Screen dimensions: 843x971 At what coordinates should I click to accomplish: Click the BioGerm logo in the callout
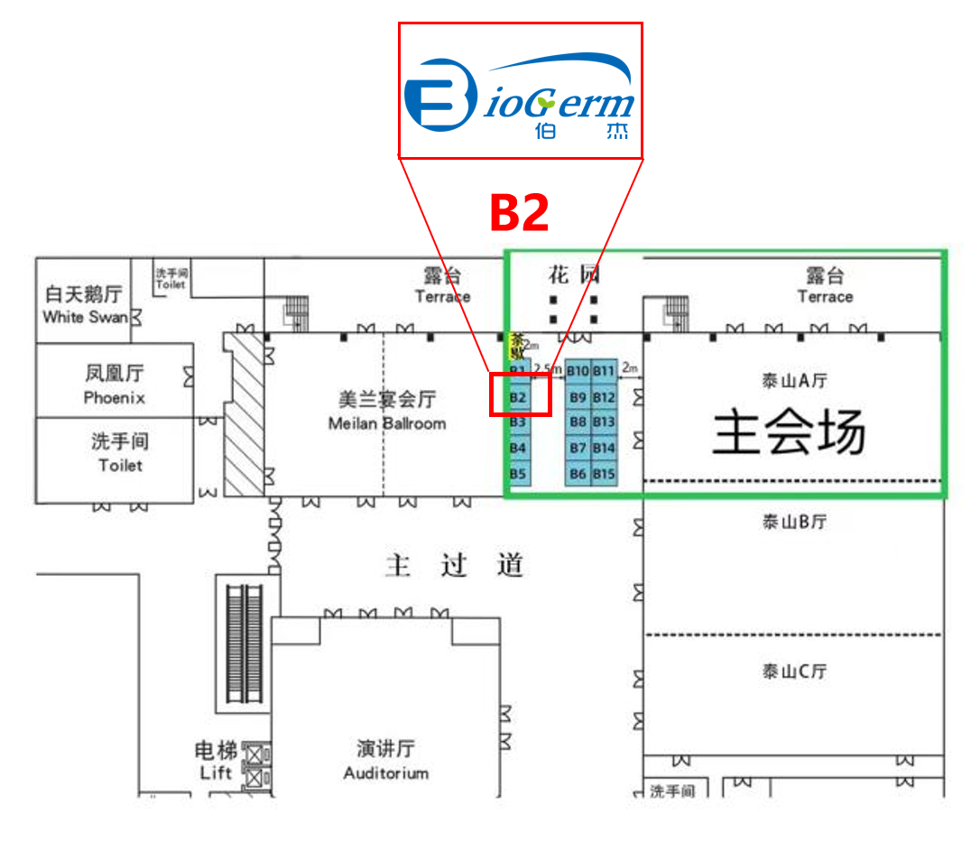pos(520,94)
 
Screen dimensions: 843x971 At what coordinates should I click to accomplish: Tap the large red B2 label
pos(519,213)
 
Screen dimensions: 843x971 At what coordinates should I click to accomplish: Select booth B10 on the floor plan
pos(578,371)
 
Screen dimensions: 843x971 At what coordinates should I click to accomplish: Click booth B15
pos(604,474)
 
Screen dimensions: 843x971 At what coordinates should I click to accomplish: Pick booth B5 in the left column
pos(518,473)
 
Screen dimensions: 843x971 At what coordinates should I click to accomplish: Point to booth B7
pos(578,448)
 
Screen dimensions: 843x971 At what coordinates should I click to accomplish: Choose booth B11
pos(604,371)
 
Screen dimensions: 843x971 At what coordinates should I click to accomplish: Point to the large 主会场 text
pos(789,432)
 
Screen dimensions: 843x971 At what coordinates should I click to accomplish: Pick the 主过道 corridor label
pos(454,566)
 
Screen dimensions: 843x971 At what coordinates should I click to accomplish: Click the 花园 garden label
pos(573,274)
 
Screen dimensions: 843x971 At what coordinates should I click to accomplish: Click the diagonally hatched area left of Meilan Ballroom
pos(244,412)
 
